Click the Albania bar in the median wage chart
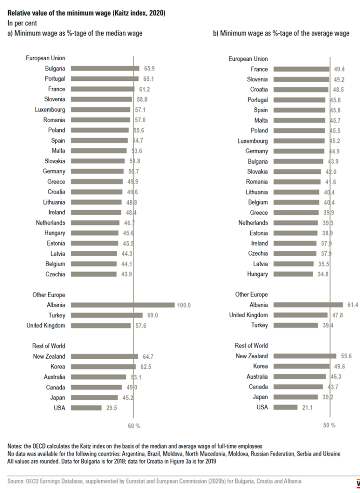click(x=122, y=305)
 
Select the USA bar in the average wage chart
click(x=284, y=407)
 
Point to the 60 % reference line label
click(x=133, y=426)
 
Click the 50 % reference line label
click(x=329, y=425)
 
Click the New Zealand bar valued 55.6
click(x=304, y=356)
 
